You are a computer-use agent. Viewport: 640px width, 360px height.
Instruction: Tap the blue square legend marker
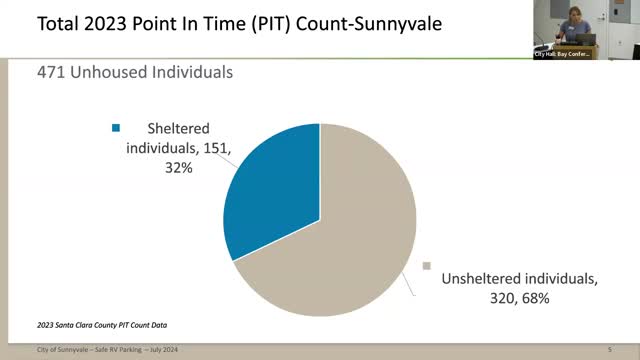click(116, 128)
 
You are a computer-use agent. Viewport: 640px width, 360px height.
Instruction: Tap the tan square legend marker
click(427, 266)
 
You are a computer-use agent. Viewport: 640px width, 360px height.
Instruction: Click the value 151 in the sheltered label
click(217, 148)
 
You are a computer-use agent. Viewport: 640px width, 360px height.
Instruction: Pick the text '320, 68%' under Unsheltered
click(471, 297)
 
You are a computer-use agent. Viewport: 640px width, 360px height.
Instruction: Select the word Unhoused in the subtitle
click(121, 72)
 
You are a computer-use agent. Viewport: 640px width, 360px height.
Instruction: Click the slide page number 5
click(609, 349)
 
